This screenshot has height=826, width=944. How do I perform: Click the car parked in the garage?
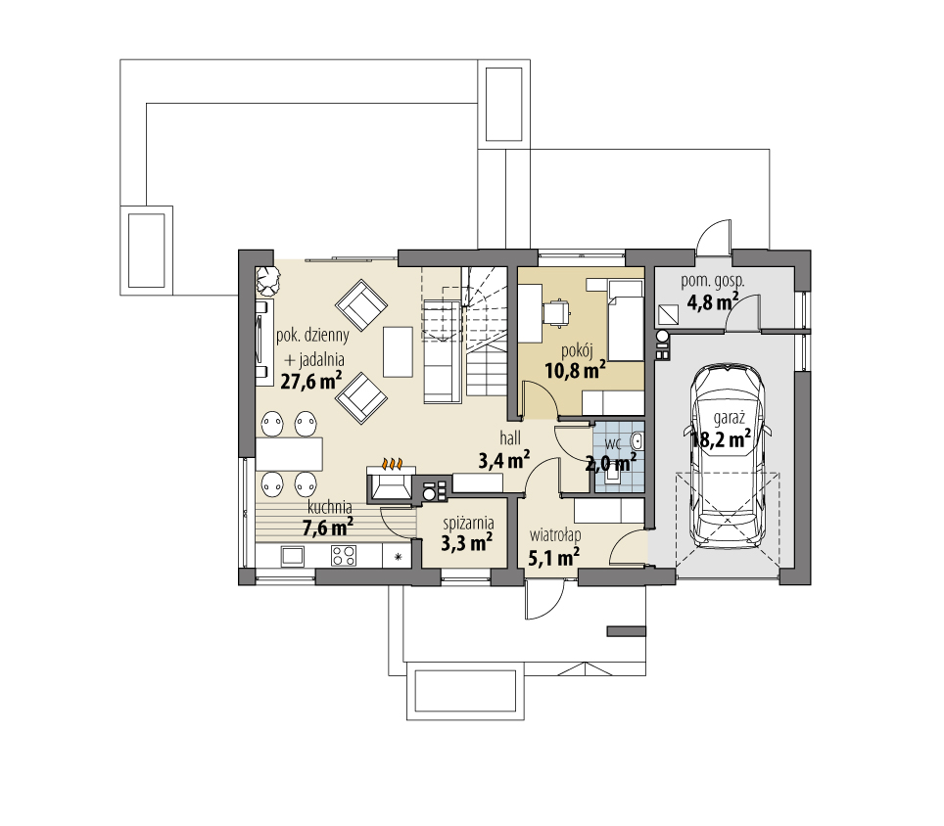[728, 455]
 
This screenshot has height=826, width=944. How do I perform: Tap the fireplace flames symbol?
[393, 464]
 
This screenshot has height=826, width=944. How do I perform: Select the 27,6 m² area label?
[311, 380]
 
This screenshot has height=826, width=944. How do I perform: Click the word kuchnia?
[329, 508]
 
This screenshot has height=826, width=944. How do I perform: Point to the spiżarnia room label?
[468, 523]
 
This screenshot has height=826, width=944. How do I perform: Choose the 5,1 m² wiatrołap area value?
[554, 557]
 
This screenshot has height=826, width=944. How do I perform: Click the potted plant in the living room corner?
[267, 279]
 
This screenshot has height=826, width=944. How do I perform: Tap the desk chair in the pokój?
[556, 312]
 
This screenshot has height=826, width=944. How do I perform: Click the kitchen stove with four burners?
[343, 555]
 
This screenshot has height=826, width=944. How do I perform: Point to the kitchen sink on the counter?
[293, 555]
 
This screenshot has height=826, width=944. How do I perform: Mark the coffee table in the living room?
[398, 352]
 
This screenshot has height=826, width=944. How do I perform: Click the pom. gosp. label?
[713, 281]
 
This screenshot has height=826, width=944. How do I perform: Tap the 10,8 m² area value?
[575, 370]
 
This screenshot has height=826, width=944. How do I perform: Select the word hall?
[510, 438]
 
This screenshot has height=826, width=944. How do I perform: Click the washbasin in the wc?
[637, 441]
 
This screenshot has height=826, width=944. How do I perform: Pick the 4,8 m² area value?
[713, 301]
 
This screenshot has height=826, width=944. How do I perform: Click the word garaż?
[730, 418]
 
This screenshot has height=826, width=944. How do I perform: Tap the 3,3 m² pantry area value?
[467, 542]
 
